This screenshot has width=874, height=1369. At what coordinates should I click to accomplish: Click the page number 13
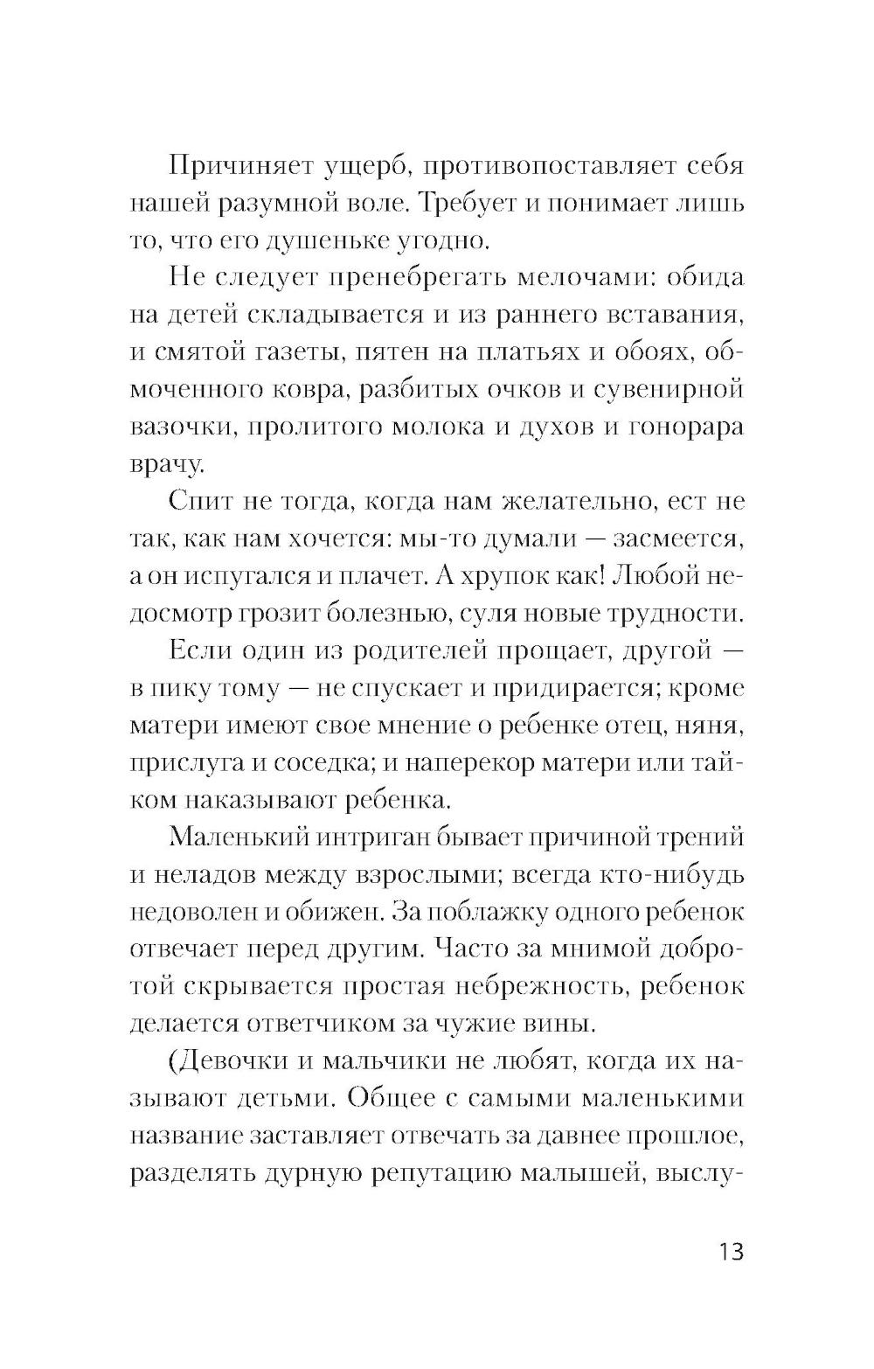point(727,1252)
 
